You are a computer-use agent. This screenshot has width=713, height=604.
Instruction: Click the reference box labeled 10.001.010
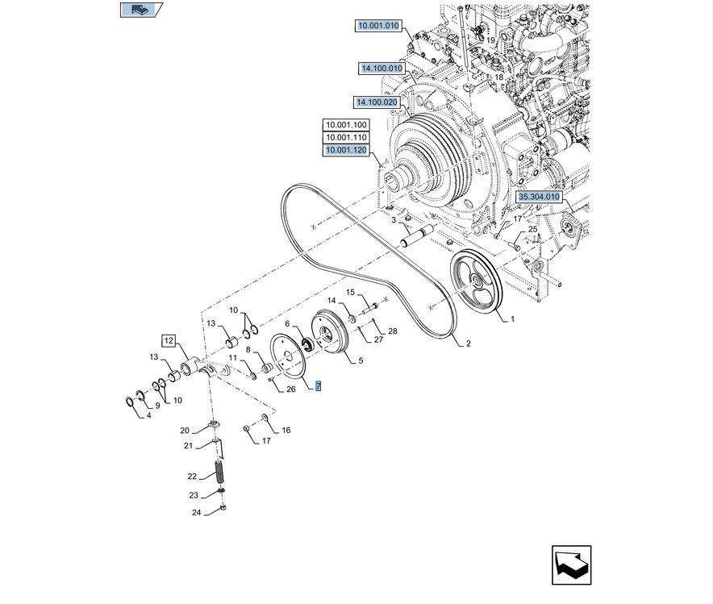(378, 26)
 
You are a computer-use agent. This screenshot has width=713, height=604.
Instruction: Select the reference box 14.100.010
(381, 69)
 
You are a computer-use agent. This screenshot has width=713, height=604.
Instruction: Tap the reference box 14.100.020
(377, 102)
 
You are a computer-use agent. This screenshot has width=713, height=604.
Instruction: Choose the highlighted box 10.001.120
(345, 150)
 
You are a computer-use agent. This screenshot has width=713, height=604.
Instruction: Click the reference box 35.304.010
(538, 197)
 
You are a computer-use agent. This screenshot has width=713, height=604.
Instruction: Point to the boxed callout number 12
(169, 340)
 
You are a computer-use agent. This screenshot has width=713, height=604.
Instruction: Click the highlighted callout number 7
(319, 386)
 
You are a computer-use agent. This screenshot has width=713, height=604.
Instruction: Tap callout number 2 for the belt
(468, 344)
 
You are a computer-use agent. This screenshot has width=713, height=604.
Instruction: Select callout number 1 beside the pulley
(511, 319)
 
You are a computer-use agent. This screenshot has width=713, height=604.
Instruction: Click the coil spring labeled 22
(219, 470)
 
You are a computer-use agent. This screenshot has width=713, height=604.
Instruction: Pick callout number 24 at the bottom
(196, 512)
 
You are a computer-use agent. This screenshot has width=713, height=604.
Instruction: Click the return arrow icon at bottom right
(571, 564)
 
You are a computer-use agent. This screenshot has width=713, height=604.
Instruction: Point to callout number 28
(393, 331)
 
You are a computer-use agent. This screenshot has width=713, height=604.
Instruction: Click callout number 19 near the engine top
(490, 40)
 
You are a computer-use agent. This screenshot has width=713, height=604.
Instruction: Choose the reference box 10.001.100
(345, 125)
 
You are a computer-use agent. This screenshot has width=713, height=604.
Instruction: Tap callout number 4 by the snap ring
(149, 416)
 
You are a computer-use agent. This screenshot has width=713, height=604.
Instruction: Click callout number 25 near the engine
(532, 230)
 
